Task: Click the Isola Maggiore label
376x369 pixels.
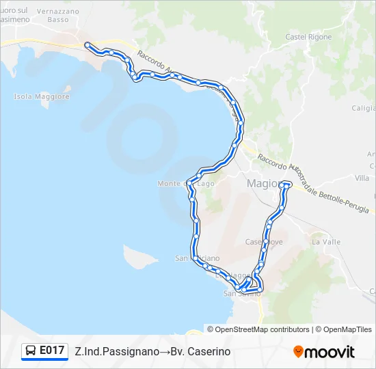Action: (x=42, y=96)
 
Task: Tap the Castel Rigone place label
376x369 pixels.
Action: (x=308, y=37)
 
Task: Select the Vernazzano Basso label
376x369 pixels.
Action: (x=57, y=16)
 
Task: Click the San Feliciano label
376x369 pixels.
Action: (x=198, y=258)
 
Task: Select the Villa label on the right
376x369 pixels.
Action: (x=362, y=178)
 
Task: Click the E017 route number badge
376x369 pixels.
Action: (x=52, y=351)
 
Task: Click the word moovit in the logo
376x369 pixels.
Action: (x=330, y=352)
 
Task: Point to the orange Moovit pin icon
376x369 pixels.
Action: (x=298, y=352)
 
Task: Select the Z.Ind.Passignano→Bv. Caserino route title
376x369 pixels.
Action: (x=152, y=351)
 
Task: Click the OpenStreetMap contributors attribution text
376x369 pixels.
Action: (x=263, y=329)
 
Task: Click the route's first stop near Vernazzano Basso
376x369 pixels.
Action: (x=87, y=45)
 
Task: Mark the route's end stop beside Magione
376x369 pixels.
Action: (x=288, y=184)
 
